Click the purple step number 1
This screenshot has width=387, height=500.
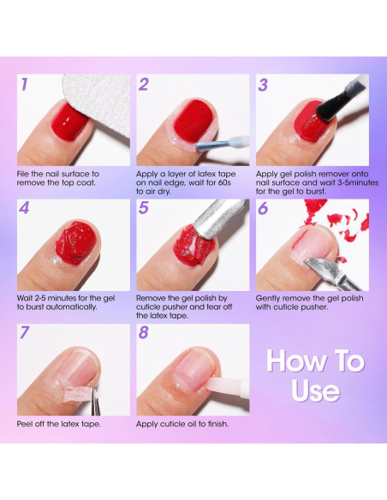tap(24, 84)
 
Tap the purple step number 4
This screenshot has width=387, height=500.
tap(24, 208)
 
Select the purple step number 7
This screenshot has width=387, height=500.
tap(25, 332)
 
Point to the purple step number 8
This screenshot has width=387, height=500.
tap(144, 332)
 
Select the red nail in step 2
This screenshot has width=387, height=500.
tap(193, 120)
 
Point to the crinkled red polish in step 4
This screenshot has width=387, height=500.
tap(76, 241)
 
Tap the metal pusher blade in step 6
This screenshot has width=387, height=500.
tap(322, 270)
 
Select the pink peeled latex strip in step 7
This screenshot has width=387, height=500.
tap(78, 396)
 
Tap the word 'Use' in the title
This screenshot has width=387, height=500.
tap(316, 390)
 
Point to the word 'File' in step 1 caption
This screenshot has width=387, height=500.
tap(23, 174)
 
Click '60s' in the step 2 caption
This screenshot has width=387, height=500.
tap(223, 182)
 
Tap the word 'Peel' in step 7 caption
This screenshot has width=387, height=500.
tap(24, 424)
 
